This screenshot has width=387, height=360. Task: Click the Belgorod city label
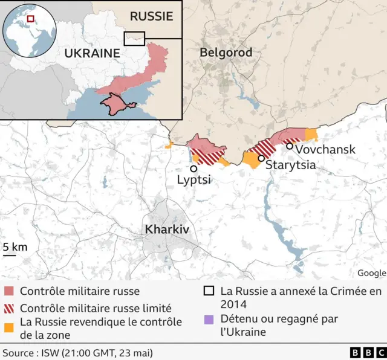(x=226, y=53)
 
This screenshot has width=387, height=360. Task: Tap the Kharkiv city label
(x=167, y=230)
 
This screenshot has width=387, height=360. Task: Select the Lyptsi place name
(x=193, y=180)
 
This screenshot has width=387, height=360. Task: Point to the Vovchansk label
(x=325, y=149)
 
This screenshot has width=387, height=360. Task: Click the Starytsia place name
(x=291, y=164)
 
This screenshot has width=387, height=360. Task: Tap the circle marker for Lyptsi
(x=193, y=169)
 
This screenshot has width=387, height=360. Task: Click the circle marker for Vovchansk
(x=290, y=146)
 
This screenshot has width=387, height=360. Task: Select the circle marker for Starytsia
(x=261, y=158)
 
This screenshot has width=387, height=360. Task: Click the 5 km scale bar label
(x=15, y=247)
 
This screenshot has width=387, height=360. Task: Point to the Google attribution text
(x=371, y=272)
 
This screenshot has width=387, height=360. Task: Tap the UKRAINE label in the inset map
(x=92, y=53)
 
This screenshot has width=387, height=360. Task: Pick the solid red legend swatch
(x=8, y=292)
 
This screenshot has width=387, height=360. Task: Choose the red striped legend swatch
(x=8, y=307)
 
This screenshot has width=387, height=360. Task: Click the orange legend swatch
(x=8, y=327)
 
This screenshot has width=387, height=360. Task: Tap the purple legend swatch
(x=209, y=319)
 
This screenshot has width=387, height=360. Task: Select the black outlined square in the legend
(x=209, y=291)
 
